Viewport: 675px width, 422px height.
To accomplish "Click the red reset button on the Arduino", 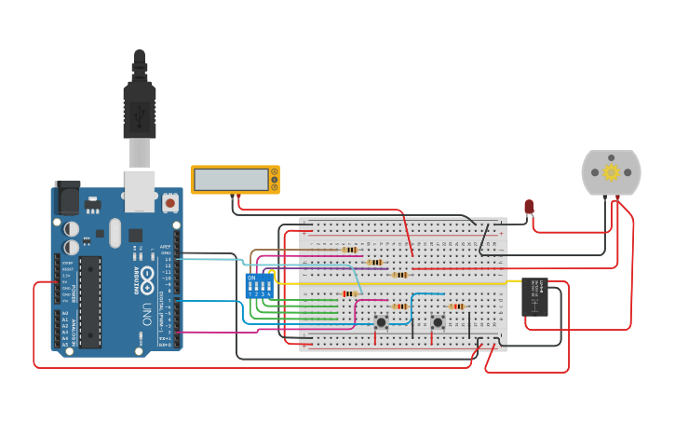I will click(x=170, y=201).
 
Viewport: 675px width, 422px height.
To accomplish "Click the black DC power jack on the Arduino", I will click(x=67, y=197).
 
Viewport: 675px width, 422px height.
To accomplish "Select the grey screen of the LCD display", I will click(x=230, y=179).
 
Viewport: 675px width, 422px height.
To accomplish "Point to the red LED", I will click(x=529, y=207).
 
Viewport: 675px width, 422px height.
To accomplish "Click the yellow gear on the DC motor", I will click(x=612, y=171).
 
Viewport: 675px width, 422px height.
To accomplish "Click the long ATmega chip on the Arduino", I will click(x=89, y=303).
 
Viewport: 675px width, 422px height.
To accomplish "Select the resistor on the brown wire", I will click(x=350, y=250).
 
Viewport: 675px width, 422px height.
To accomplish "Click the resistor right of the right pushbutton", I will click(x=456, y=306).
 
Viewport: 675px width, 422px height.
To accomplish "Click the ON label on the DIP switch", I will click(x=251, y=277).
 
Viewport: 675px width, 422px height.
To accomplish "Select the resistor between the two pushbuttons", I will click(x=399, y=306).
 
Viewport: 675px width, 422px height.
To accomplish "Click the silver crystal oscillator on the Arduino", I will click(x=115, y=232).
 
